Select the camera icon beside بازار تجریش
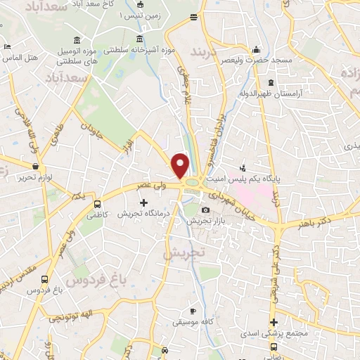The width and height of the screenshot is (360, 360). click(205, 210)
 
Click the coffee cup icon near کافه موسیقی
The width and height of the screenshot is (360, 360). click(194, 311)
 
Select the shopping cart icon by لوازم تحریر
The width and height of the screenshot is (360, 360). click(36, 167)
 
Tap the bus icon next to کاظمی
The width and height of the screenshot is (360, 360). click(96, 205)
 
